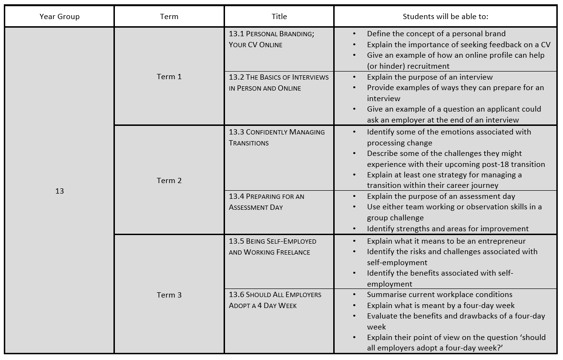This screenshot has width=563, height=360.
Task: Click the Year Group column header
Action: click(x=60, y=17)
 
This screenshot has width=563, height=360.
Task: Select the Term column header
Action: click(x=169, y=17)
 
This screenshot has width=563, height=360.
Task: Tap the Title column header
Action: click(x=279, y=17)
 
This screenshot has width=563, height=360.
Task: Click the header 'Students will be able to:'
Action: click(x=445, y=17)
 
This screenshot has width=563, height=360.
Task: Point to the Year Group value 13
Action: click(x=60, y=191)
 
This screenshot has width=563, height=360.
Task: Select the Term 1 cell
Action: click(x=169, y=77)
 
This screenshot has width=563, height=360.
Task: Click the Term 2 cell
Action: click(x=169, y=181)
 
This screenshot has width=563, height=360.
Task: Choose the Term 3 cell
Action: click(x=169, y=295)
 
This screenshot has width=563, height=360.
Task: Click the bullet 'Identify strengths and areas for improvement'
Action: click(x=448, y=229)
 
